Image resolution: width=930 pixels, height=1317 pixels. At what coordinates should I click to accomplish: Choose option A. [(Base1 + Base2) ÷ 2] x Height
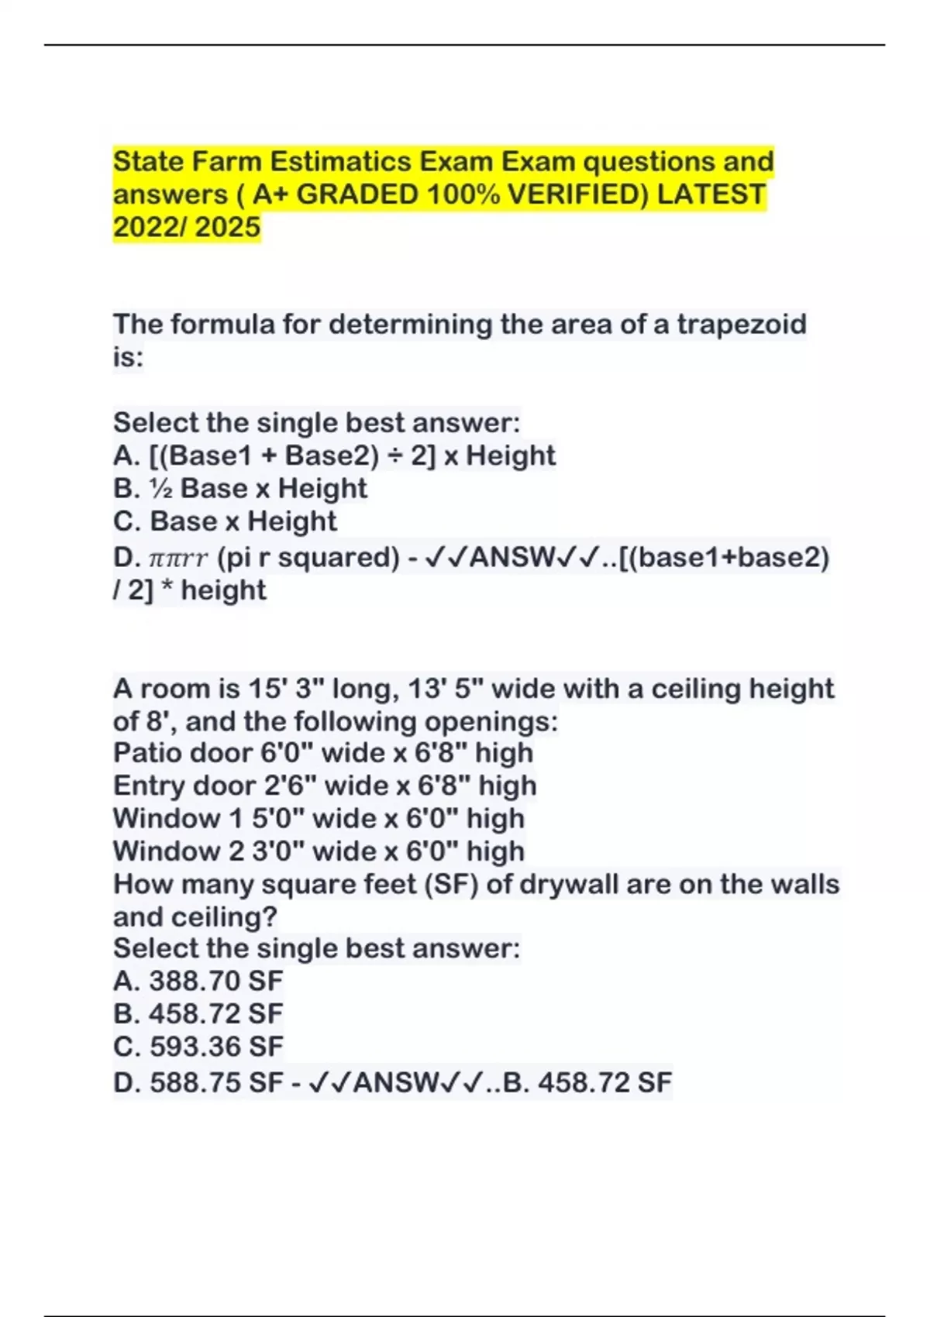[334, 456]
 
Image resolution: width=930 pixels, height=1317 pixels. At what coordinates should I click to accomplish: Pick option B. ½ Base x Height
[240, 488]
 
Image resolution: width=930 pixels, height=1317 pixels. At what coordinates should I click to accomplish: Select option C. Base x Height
[225, 521]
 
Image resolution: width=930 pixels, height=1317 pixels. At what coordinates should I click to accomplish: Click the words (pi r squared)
[308, 557]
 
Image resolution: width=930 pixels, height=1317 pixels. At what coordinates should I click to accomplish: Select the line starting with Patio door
[323, 752]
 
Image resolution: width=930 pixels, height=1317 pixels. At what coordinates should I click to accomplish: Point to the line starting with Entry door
[325, 786]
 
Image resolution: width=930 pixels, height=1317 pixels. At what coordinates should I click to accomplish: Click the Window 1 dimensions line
[319, 818]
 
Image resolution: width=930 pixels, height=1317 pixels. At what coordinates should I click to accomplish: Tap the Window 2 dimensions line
[319, 851]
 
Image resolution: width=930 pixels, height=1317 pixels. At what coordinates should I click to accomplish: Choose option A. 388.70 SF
[198, 981]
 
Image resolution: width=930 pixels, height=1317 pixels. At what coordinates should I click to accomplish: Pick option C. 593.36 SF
[198, 1047]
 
